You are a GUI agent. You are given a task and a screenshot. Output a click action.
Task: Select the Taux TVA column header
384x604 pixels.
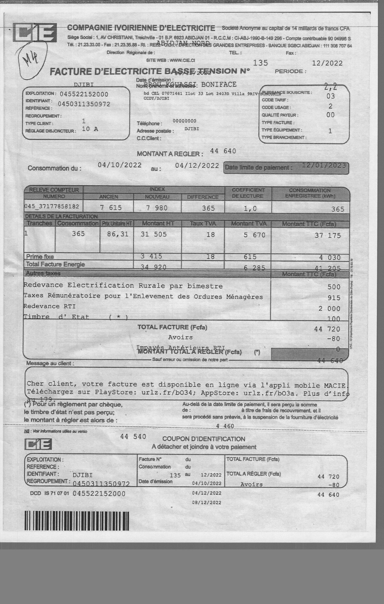pyautogui.click(x=203, y=223)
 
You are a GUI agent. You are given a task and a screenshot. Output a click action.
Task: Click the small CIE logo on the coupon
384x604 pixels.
pyautogui.click(x=38, y=444)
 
